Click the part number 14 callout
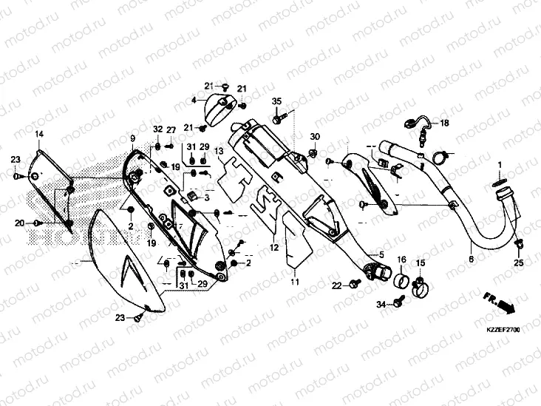click(x=39, y=134)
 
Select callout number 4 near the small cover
click(x=194, y=99)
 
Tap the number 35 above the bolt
click(x=276, y=101)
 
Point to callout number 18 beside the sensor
click(x=445, y=124)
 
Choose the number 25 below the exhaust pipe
click(x=518, y=263)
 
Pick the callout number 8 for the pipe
click(x=471, y=260)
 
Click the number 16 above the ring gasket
click(x=402, y=260)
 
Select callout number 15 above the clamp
click(x=420, y=263)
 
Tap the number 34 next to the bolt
click(x=381, y=304)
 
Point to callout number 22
click(x=335, y=285)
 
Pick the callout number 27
click(x=171, y=130)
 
